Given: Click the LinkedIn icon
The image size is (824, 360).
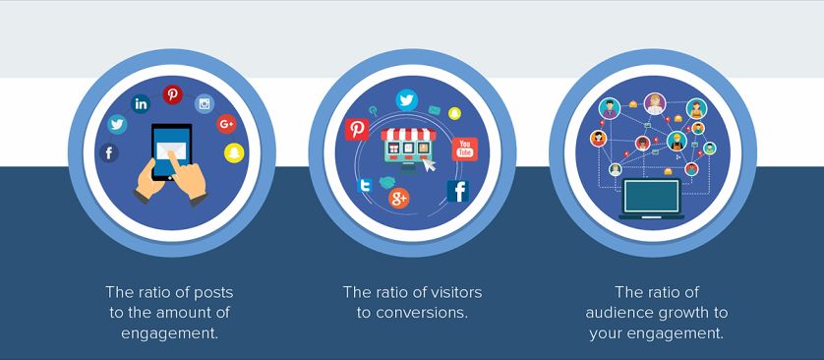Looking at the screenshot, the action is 141,104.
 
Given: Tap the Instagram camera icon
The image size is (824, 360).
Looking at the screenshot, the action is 205,104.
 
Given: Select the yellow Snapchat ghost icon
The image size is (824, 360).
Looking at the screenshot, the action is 234,152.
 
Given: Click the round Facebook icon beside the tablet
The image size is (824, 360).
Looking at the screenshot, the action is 109,152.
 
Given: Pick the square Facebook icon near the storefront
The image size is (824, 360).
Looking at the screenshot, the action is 457,191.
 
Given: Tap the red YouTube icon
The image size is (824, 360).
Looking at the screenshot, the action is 465,149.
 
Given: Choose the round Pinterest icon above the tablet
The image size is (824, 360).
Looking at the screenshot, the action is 172,95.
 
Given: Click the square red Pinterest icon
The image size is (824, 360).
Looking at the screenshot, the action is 357,129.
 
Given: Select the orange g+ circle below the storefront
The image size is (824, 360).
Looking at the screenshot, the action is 399,198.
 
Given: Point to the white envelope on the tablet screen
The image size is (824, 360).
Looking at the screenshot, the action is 171,150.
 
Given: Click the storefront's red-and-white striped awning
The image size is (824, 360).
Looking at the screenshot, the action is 408,134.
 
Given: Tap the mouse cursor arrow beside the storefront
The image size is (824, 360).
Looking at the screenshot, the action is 430,164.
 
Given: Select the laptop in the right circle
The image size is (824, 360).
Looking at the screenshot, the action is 652,199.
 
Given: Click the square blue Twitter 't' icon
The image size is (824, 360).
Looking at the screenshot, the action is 364,186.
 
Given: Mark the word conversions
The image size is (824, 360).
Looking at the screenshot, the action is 422,313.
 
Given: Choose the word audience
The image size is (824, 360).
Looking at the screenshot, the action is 616,313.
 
